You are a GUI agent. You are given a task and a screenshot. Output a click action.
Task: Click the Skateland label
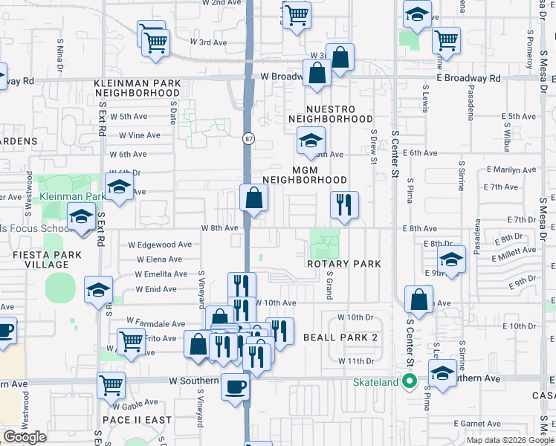375,382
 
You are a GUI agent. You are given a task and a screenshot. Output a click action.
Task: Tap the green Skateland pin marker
408,382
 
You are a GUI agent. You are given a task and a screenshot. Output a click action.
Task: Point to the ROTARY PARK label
345,264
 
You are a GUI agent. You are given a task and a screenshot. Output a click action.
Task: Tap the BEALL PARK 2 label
341,337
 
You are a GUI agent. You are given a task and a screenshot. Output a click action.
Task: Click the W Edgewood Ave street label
160,245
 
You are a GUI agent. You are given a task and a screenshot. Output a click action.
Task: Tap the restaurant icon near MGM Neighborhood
344,204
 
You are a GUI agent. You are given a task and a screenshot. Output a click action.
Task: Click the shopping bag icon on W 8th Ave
253,198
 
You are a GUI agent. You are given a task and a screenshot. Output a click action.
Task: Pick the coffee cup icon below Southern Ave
236,388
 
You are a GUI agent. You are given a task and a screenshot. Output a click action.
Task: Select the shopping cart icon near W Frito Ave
131,342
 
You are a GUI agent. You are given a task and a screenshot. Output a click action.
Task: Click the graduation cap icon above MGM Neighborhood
311,139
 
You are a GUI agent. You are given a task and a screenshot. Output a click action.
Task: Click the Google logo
25,437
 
